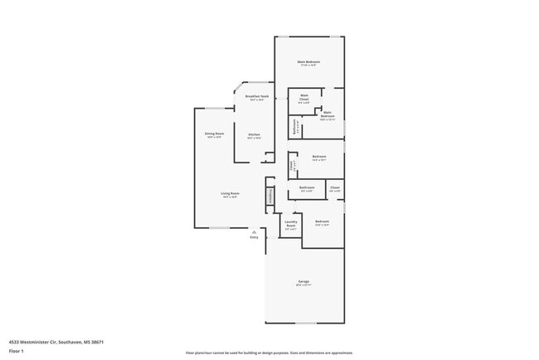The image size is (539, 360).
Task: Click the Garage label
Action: [304, 282]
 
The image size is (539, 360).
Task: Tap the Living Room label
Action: [230, 193]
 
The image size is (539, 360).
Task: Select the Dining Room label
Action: [214, 134]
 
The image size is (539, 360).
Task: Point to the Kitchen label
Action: [255, 134]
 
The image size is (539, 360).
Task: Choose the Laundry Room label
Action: [290, 222]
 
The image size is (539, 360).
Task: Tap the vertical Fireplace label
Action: [270, 197]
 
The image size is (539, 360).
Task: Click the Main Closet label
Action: [304, 98]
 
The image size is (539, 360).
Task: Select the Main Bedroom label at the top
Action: [309, 62]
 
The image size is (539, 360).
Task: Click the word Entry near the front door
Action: [255, 238]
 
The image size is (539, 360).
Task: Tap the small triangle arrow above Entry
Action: [255, 232]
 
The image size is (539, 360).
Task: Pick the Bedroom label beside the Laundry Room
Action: [322, 221]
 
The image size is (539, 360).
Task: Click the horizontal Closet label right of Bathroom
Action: [335, 187]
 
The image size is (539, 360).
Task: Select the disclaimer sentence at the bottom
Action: [269, 353]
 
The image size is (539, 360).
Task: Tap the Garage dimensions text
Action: [304, 286]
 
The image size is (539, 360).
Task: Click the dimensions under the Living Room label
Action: [230, 197]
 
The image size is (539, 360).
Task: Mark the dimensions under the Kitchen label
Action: [255, 139]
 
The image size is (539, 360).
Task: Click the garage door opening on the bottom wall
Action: [304, 324]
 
